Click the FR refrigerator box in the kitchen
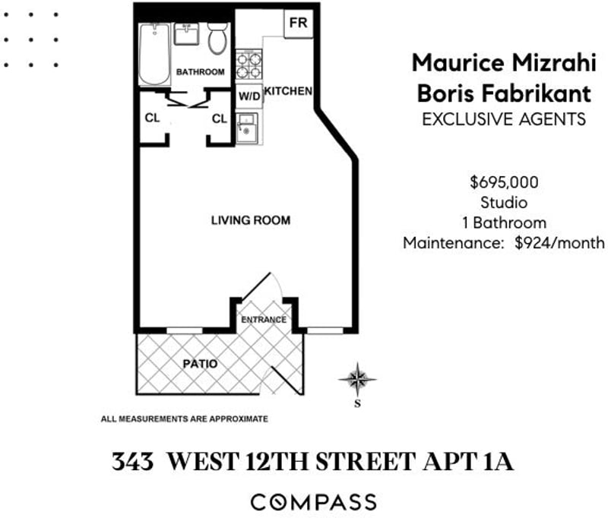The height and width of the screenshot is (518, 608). point(298,23)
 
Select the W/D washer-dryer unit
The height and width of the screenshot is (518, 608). point(249,96)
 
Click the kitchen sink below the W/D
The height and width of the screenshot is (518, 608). point(247,128)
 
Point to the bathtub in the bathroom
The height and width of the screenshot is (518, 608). point(155,54)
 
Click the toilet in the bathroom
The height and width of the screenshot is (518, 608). point(217,38)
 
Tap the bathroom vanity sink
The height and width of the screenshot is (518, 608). point(186,34)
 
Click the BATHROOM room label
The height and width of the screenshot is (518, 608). point(201,71)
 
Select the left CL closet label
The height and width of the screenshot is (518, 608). point(152,118)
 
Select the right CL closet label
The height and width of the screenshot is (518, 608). point(220,118)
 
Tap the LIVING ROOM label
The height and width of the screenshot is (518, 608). point(251,220)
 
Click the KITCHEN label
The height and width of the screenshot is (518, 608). point(288,91)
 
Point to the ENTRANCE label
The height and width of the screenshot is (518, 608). point(264,320)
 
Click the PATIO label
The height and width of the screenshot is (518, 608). point(200,364)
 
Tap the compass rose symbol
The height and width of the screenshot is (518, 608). point(357,379)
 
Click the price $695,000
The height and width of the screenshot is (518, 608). point(504,182)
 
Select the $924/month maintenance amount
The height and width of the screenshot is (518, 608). point(559,243)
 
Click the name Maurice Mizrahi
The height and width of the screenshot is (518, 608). point(504,63)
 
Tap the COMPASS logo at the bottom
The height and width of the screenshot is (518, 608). point(314,502)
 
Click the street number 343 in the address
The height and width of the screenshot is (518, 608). point(132,462)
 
